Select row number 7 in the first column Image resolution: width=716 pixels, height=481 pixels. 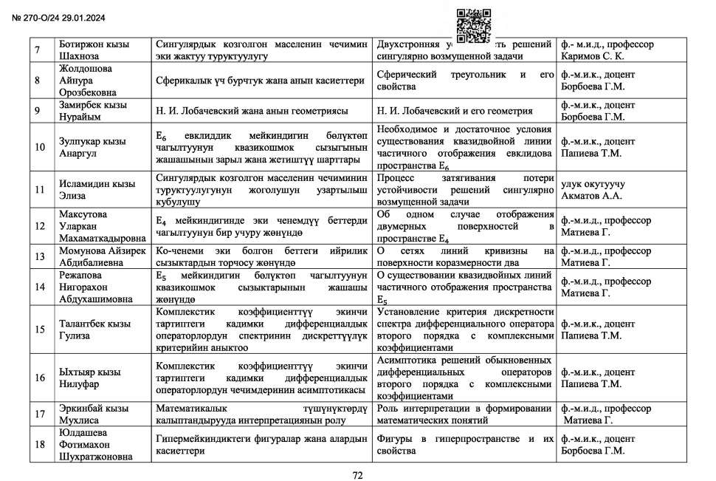pos(38,50)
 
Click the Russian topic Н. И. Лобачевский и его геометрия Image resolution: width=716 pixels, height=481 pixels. pos(454,112)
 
